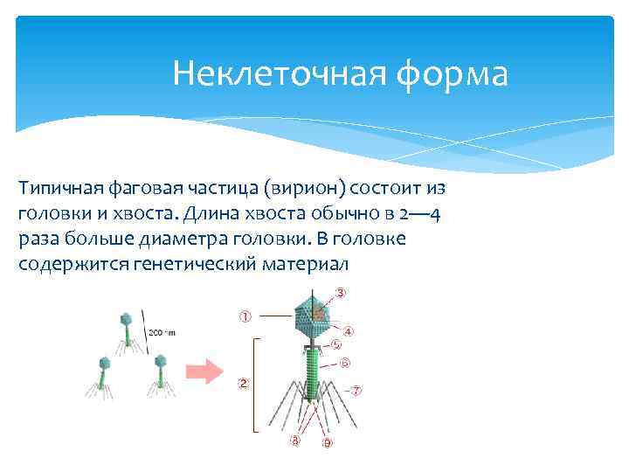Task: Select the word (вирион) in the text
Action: click(x=302, y=189)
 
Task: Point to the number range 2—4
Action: click(x=422, y=214)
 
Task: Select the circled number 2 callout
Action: click(x=243, y=383)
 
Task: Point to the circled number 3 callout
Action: click(x=340, y=291)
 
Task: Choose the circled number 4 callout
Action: click(x=348, y=332)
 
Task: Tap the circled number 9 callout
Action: click(x=327, y=443)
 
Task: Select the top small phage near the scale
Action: click(x=126, y=323)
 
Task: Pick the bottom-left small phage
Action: click(x=104, y=371)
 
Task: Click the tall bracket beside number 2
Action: click(x=255, y=385)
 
